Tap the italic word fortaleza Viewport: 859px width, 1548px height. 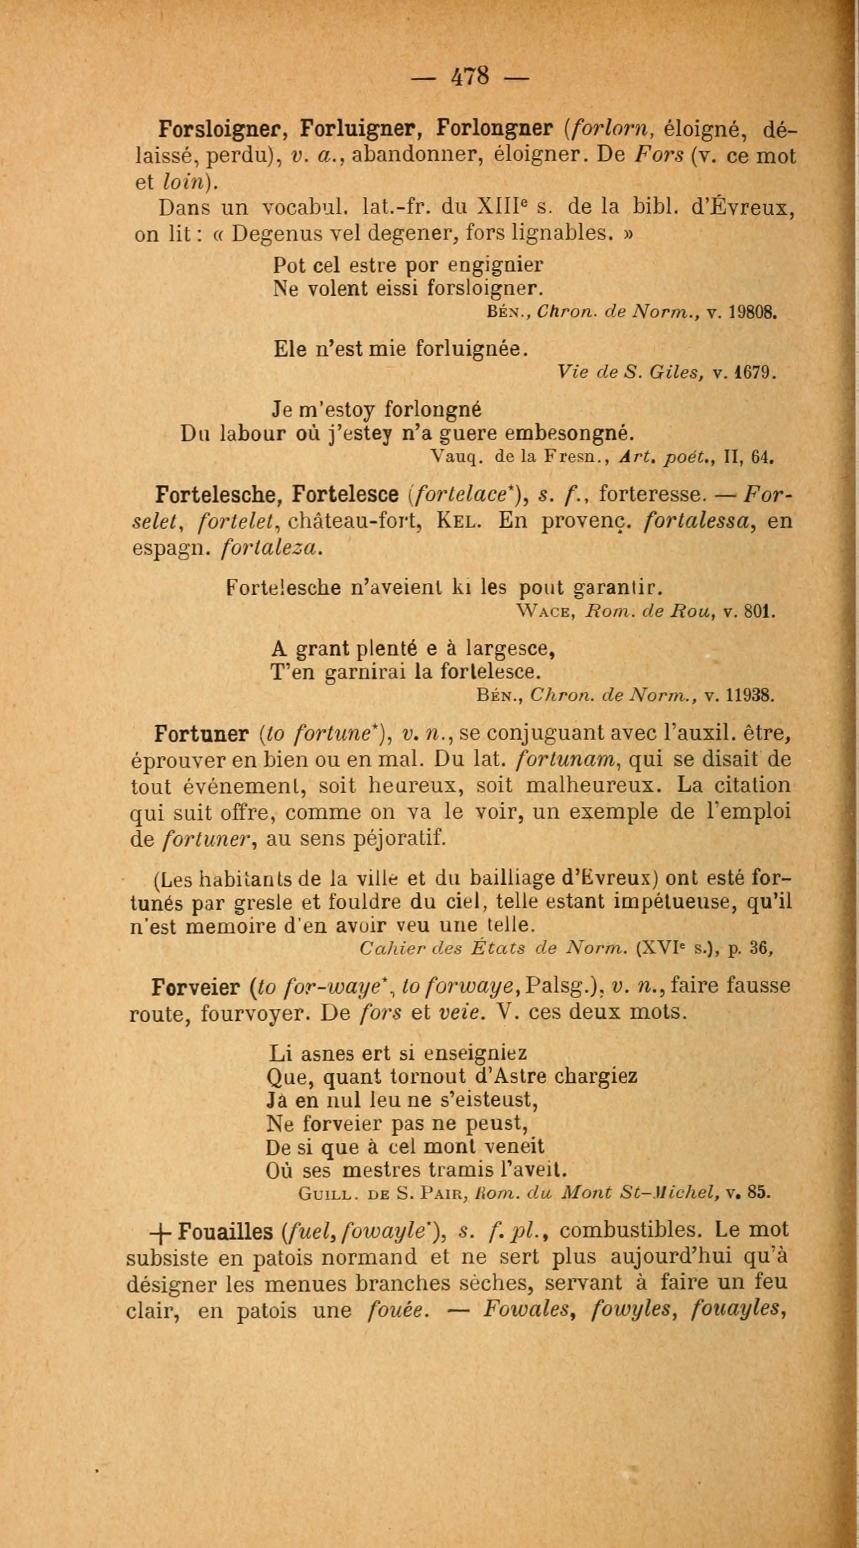click(x=273, y=548)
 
